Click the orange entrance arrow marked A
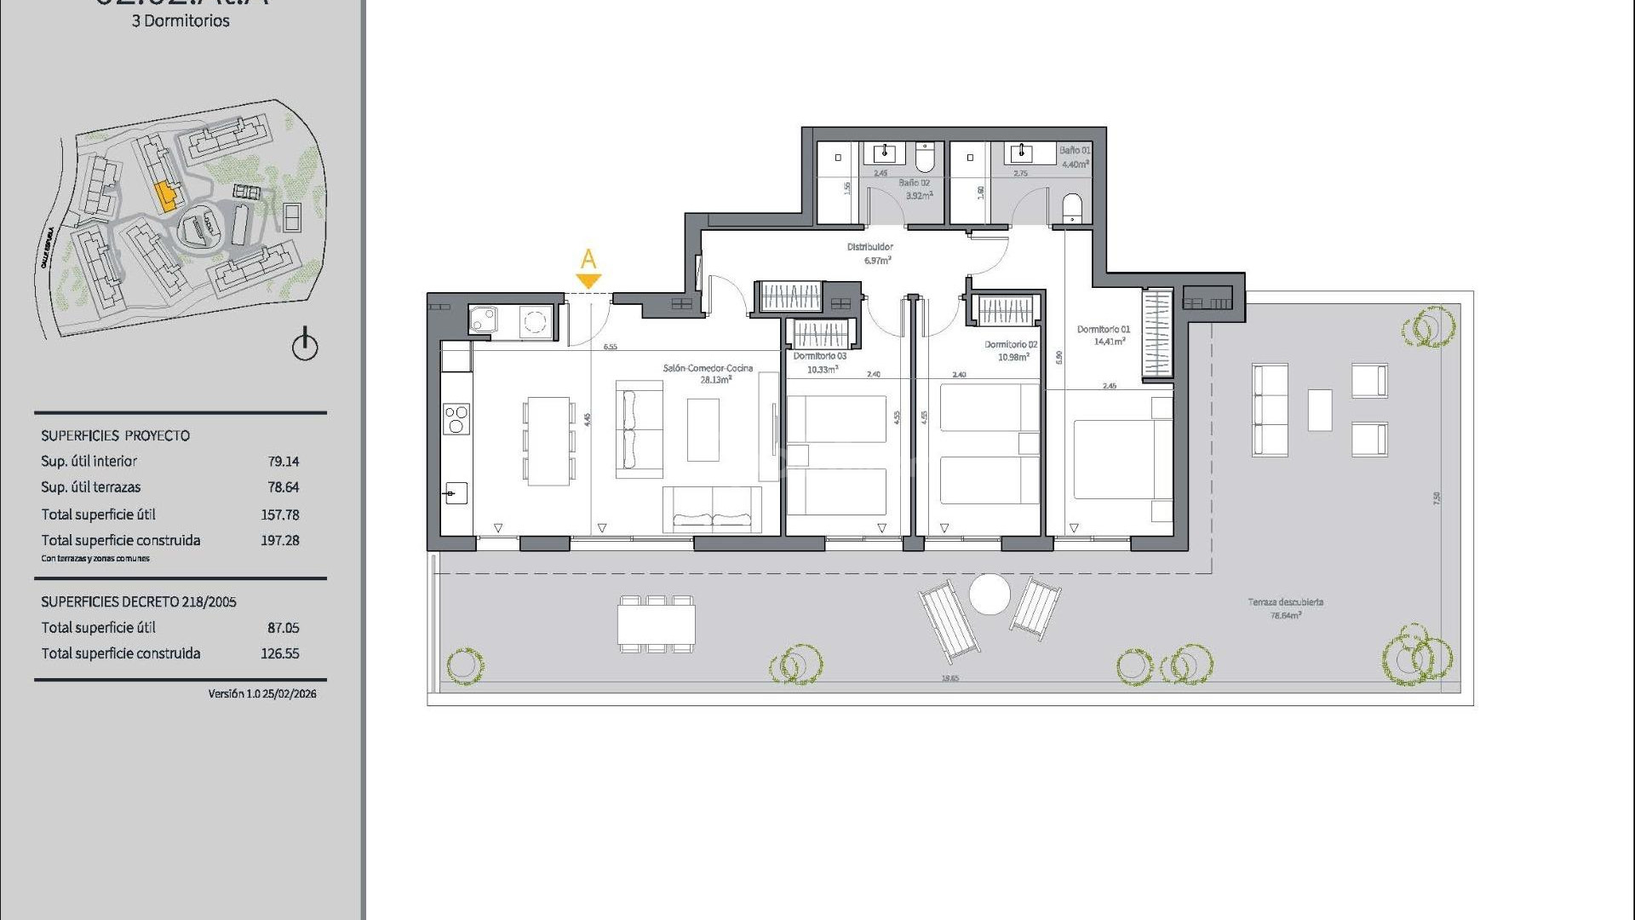click(x=588, y=280)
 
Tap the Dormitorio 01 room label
click(x=1103, y=330)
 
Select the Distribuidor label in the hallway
click(x=869, y=247)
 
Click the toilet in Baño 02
click(x=925, y=157)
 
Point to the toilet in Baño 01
click(x=1071, y=208)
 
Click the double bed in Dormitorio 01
click(x=1116, y=458)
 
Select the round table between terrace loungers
click(x=990, y=594)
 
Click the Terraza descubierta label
click(x=1285, y=602)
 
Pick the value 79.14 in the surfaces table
click(x=283, y=462)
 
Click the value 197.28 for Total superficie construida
click(x=279, y=540)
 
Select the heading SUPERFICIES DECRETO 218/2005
click(x=139, y=601)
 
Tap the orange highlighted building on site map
click(x=165, y=198)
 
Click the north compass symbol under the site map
click(x=305, y=346)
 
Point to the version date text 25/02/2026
click(x=290, y=694)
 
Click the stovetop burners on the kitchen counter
click(x=456, y=419)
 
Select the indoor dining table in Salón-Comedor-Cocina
click(x=548, y=441)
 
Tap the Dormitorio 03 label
click(x=819, y=356)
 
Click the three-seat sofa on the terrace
click(x=1270, y=410)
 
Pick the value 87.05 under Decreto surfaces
click(x=283, y=628)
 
